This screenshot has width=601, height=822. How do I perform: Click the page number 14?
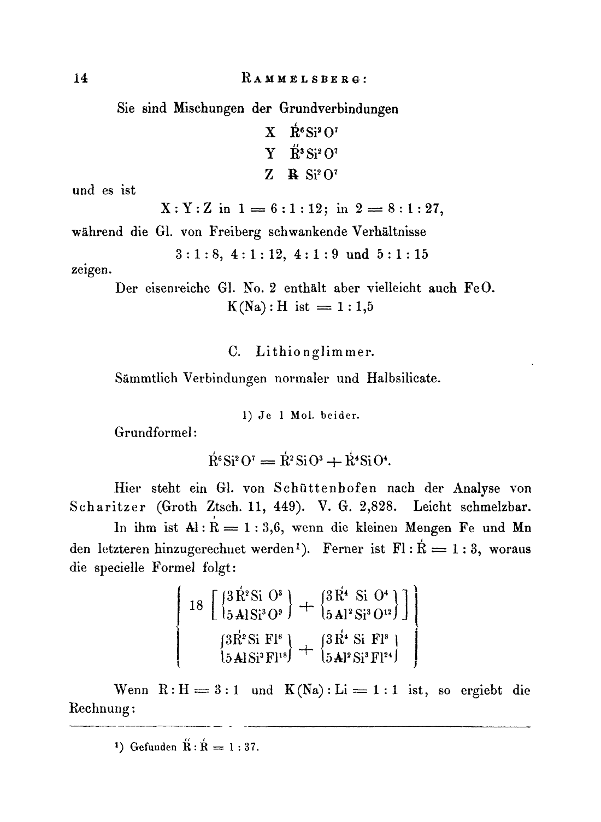80,78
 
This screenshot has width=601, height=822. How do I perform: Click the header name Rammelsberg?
304,79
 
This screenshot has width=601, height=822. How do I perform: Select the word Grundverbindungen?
339,108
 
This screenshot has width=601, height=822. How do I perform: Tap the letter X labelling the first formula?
270,132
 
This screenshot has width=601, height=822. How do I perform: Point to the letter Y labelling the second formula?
270,154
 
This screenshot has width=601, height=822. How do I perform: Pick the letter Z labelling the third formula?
269,176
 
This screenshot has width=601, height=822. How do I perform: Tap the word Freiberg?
235,232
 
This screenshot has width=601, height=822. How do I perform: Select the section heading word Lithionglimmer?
315,352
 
